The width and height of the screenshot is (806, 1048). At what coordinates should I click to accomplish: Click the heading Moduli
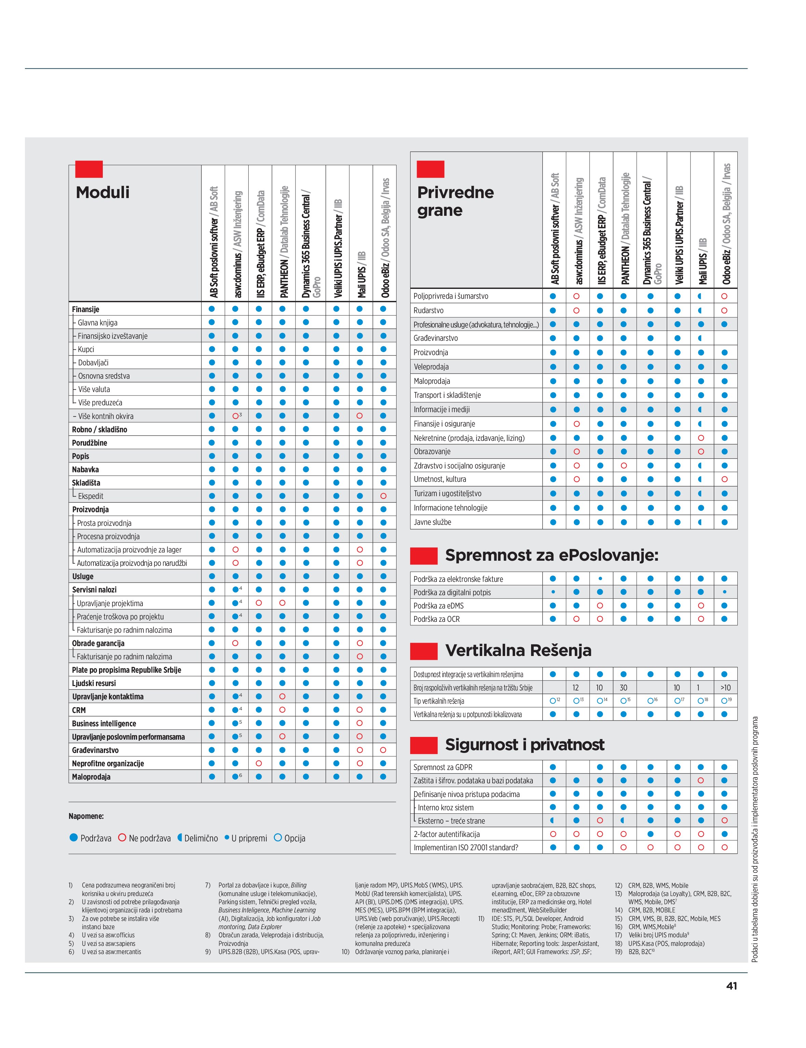coord(103,192)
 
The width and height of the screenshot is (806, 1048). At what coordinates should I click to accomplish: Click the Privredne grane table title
coord(455,201)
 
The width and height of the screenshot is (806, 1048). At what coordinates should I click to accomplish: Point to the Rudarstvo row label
coord(428,310)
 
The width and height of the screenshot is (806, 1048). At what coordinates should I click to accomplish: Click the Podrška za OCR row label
coord(436,619)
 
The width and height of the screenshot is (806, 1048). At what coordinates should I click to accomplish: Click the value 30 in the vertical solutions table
coord(623,688)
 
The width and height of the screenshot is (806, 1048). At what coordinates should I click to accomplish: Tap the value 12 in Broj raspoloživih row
coord(576,688)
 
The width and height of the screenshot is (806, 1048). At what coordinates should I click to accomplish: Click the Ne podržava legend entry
coord(144,838)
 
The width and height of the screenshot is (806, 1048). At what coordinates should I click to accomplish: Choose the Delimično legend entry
coord(198,838)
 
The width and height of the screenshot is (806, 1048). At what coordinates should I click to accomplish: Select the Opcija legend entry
coord(289,838)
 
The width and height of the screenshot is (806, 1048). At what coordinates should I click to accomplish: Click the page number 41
coord(731,986)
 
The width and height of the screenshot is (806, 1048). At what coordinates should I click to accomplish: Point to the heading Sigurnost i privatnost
coord(524,744)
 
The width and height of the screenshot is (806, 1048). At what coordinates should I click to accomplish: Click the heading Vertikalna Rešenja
coord(518,651)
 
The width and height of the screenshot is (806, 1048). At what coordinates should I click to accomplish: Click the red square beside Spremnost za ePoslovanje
coord(423,555)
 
